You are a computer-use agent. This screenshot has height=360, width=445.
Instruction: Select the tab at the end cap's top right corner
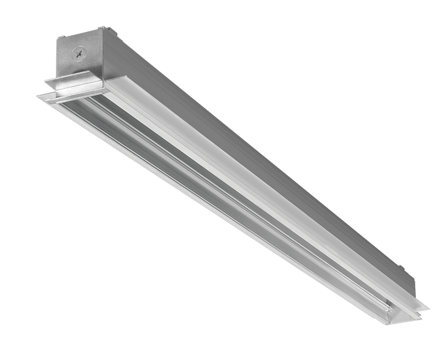point(101,28)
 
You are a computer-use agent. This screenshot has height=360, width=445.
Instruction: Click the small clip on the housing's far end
point(401,270)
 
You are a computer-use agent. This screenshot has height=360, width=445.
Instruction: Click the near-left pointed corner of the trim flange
point(39,95)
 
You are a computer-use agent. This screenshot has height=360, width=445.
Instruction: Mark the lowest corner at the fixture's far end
point(396,323)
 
